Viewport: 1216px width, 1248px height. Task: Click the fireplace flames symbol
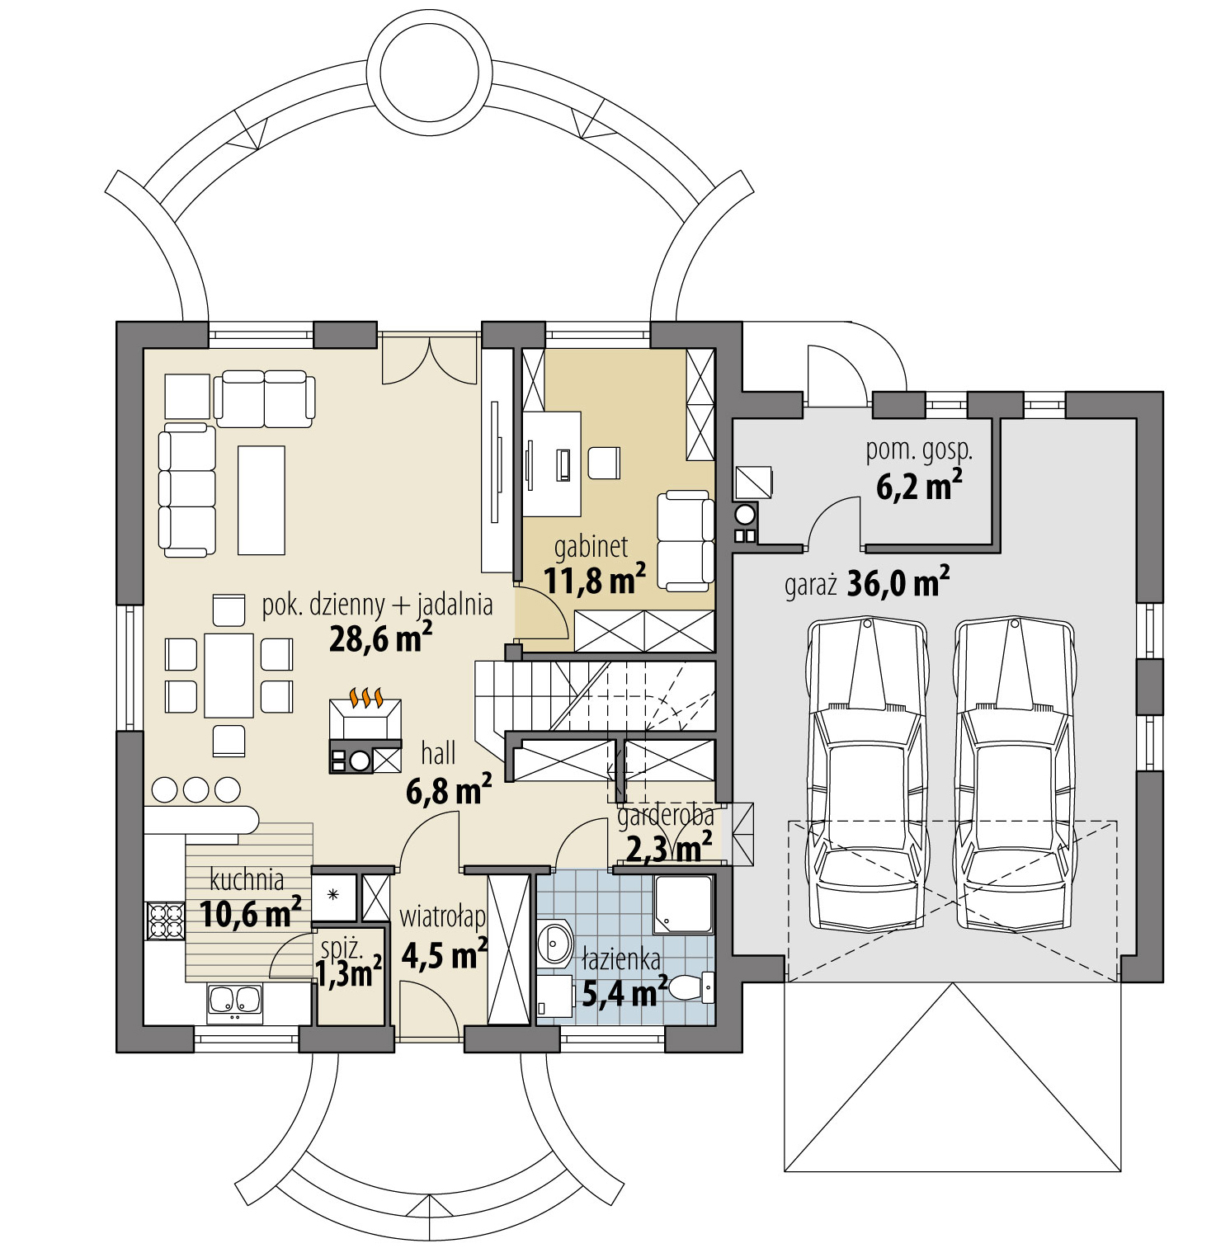click(365, 698)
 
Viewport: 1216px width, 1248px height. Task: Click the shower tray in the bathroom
click(683, 905)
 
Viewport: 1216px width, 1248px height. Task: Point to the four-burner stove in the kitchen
click(165, 921)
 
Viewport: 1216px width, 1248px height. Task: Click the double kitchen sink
click(234, 1001)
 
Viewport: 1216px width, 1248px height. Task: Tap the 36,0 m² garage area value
click(898, 583)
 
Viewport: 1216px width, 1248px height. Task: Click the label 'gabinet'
click(591, 547)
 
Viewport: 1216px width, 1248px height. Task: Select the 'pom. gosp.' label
click(919, 451)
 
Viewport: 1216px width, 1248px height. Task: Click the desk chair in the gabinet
click(604, 462)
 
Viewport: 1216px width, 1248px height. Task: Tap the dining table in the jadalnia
click(229, 676)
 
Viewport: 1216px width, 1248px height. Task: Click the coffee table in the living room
click(262, 500)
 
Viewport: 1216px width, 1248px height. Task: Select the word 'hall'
click(438, 753)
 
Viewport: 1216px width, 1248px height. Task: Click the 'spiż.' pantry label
click(342, 949)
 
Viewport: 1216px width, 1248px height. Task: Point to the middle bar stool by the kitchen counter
click(196, 790)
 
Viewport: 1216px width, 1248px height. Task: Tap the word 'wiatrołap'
click(443, 917)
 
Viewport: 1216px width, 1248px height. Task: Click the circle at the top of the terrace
click(427, 67)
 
